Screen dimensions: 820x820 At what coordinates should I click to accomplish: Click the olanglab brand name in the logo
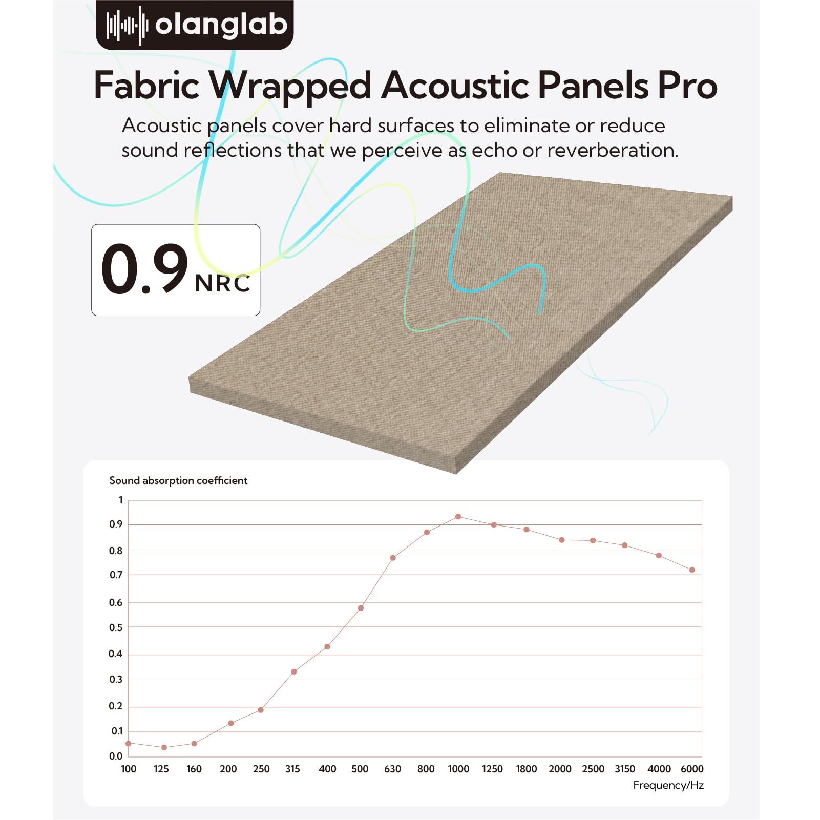(221, 25)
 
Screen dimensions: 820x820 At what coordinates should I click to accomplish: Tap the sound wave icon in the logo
(127, 25)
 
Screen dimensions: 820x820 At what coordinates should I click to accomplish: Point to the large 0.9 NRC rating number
(145, 269)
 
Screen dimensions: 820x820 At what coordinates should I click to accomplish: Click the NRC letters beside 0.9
(223, 283)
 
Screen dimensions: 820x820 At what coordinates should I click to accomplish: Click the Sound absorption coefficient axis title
(178, 480)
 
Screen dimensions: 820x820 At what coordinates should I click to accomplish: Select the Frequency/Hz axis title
(668, 785)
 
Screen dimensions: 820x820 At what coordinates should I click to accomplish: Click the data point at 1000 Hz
(458, 517)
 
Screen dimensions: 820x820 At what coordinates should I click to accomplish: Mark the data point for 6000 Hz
(692, 570)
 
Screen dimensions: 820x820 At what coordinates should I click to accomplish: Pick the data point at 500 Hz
(361, 608)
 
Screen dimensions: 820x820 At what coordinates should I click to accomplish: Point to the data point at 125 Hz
(164, 748)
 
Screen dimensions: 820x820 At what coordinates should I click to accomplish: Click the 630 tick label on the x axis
(392, 769)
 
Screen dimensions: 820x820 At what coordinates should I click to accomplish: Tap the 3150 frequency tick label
(625, 769)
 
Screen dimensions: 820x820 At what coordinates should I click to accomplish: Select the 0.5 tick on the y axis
(116, 627)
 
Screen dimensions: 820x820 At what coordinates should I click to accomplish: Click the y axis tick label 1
(121, 500)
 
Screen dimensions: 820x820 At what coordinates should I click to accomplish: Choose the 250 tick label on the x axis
(261, 769)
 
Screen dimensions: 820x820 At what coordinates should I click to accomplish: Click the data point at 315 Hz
(294, 671)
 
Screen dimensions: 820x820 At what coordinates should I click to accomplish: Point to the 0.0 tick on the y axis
(116, 756)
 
